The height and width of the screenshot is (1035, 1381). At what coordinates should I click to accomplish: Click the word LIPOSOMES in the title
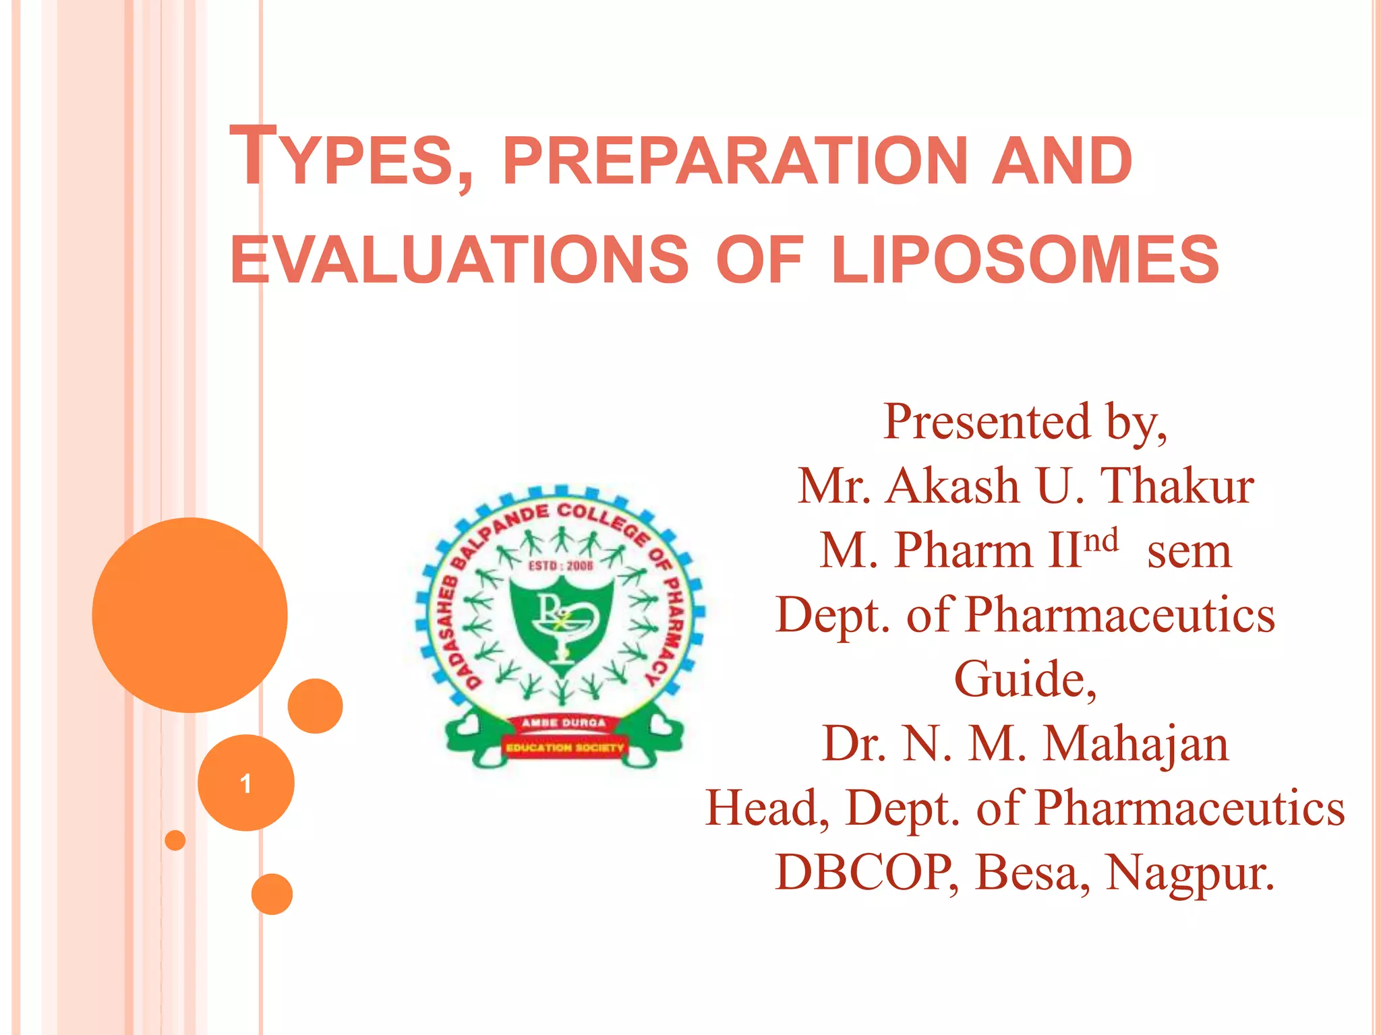point(1025,260)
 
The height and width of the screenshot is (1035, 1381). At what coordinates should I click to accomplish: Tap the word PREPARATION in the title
point(735,162)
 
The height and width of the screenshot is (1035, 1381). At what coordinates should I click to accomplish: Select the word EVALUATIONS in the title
point(459,260)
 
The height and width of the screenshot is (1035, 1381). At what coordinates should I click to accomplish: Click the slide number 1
point(246,783)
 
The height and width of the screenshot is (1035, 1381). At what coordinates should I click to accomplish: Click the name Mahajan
point(1136,744)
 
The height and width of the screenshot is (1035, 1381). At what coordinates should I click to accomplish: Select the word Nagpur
point(1190,873)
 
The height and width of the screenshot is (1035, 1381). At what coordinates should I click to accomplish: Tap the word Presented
point(986,422)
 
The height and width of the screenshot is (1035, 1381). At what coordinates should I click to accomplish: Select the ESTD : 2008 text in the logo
point(560,565)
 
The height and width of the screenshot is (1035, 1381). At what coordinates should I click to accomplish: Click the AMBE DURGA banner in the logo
point(564,722)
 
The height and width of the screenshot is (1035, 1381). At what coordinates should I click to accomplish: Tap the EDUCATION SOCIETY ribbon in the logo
point(565,747)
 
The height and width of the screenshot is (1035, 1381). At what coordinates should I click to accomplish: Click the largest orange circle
point(190,615)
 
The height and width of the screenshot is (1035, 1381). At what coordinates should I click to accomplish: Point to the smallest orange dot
point(175,840)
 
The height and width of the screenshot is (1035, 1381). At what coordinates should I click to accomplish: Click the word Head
point(766,809)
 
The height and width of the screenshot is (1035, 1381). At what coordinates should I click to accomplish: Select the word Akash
point(952,486)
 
